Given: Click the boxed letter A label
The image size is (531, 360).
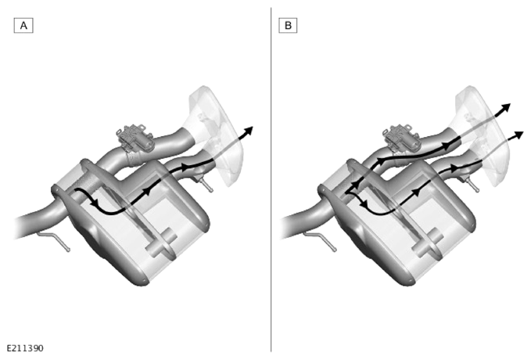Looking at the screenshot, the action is (23, 25).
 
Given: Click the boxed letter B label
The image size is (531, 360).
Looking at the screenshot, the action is (288, 25).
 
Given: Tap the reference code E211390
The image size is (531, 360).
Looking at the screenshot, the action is (25, 348).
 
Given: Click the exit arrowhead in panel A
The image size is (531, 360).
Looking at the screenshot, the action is (249, 131).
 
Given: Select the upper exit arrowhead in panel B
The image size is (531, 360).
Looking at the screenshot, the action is (506, 108).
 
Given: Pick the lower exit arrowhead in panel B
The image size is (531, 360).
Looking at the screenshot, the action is (519, 135).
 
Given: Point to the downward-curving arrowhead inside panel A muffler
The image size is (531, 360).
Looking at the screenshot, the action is (95, 203).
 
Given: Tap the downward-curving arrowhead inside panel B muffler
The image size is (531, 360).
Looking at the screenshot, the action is (364, 203).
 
